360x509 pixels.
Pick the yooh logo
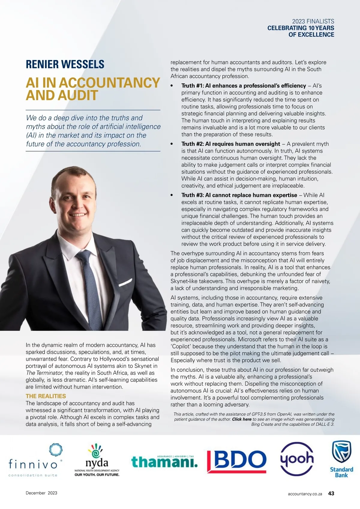(297, 459)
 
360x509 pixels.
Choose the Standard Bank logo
(341, 459)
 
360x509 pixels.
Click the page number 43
(331, 493)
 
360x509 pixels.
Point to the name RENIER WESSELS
(65, 64)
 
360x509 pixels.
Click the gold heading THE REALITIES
(46, 396)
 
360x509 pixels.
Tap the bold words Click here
(241, 419)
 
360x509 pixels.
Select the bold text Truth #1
(192, 86)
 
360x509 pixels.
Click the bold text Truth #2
(192, 144)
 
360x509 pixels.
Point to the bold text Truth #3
(192, 195)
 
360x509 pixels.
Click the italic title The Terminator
(44, 373)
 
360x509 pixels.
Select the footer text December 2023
(41, 493)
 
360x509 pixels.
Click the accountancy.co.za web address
(305, 494)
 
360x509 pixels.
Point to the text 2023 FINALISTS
(313, 21)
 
